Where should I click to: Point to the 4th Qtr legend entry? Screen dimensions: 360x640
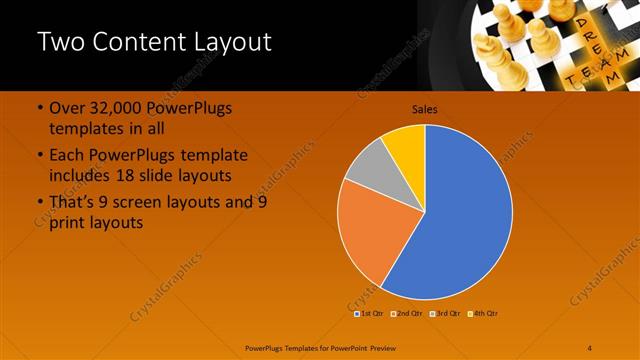click(x=485, y=313)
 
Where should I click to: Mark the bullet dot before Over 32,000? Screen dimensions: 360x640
click(x=39, y=108)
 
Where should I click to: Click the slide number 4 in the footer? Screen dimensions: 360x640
click(x=590, y=346)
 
